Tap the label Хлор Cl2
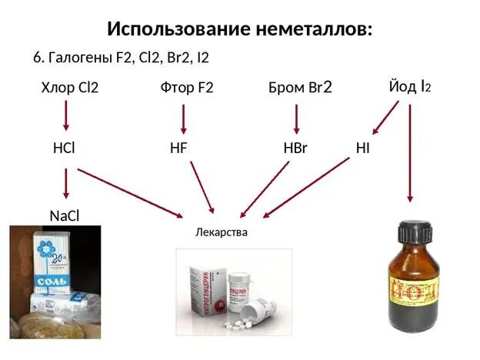tap(69, 87)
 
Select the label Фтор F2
tap(187, 87)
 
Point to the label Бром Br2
tap(300, 87)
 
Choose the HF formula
tap(178, 148)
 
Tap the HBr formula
tap(295, 148)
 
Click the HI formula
tap(362, 147)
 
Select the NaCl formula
tap(65, 215)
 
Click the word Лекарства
tap(222, 232)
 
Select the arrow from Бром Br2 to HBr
tap(297, 118)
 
